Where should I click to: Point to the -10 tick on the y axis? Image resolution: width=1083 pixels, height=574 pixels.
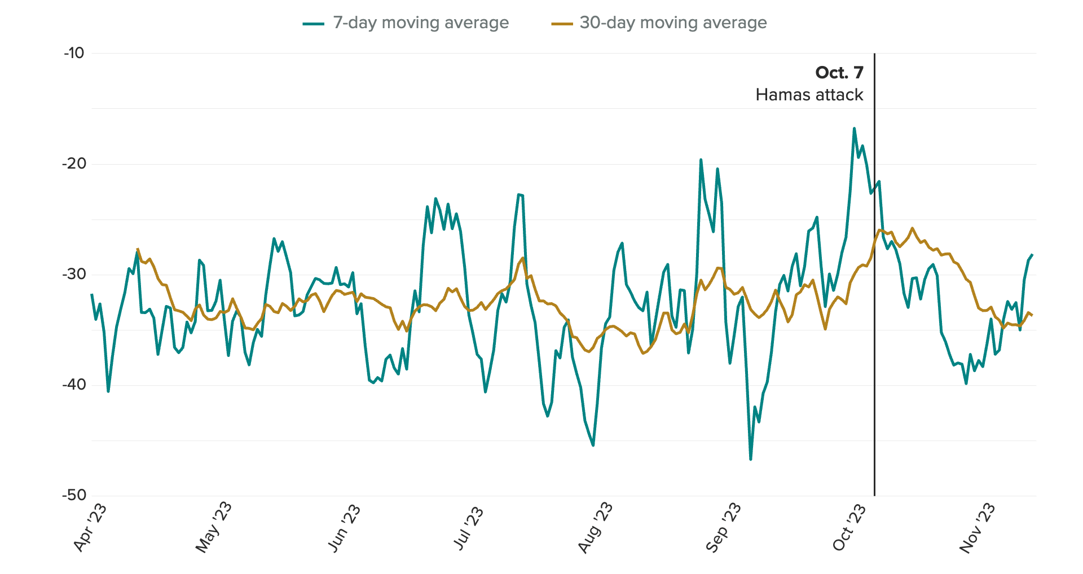[74, 54]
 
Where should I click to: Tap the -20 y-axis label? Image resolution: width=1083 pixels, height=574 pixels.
[74, 164]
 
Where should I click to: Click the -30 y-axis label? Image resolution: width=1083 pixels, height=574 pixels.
[74, 275]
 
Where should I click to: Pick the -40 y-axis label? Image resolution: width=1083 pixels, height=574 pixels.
[74, 385]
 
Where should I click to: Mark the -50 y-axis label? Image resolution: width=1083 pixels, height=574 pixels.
[74, 496]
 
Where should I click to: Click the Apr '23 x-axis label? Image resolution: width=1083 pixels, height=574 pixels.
[90, 528]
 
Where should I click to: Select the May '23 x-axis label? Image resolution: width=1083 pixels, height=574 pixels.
[214, 528]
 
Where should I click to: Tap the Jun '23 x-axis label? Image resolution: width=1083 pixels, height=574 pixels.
[344, 528]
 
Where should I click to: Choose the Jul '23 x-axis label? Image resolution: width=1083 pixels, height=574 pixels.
[468, 528]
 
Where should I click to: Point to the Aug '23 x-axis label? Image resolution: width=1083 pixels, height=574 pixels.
[595, 528]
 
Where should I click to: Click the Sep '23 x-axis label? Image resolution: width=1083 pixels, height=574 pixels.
[723, 528]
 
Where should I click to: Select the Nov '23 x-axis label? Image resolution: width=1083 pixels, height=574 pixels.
[977, 528]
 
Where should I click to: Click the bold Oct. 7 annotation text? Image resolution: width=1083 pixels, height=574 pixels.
[839, 73]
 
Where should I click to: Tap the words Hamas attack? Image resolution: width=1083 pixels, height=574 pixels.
[809, 95]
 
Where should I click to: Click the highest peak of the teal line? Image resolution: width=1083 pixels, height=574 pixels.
[854, 129]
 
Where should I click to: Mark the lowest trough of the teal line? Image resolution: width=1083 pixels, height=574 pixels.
[750, 459]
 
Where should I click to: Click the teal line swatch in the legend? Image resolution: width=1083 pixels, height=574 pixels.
[314, 24]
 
